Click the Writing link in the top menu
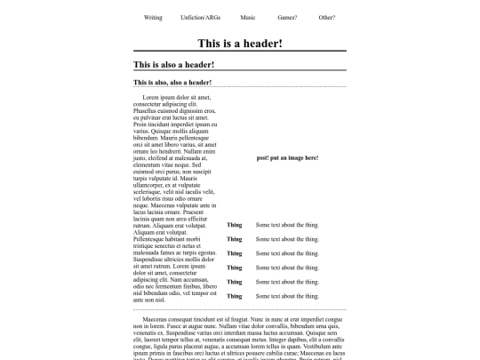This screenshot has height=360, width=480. (153, 18)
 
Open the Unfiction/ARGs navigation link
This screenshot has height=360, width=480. (200, 18)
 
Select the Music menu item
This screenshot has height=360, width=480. (248, 18)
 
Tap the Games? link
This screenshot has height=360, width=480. (287, 18)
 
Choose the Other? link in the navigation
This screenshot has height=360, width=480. (327, 18)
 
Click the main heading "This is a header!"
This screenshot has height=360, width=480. (240, 43)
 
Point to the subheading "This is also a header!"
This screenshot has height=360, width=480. (173, 65)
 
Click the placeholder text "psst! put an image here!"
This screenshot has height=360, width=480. (287, 157)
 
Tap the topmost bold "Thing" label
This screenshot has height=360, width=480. (234, 226)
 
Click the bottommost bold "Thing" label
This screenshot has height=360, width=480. (234, 295)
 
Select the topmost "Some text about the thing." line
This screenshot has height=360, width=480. (287, 226)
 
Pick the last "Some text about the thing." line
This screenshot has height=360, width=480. (287, 295)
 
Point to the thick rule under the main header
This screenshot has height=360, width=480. (240, 52)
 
